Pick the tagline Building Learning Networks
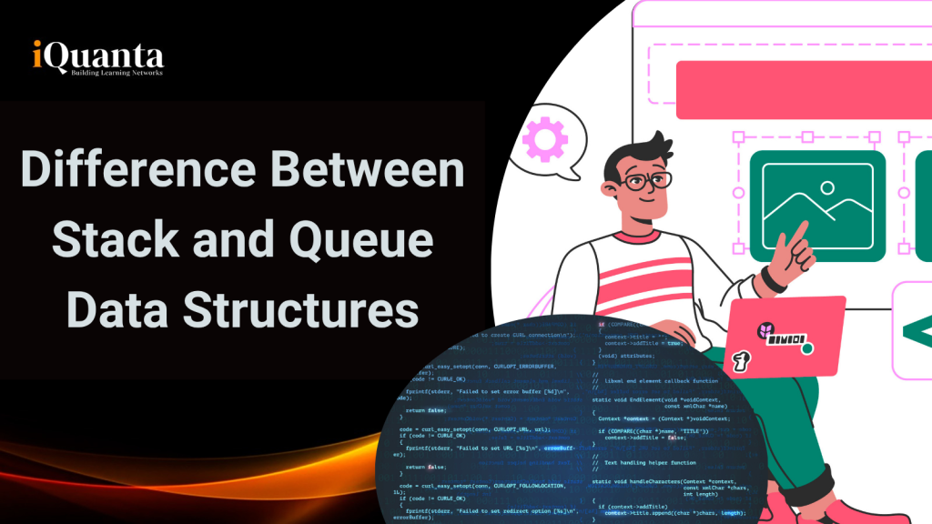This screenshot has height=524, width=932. pos(116,72)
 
